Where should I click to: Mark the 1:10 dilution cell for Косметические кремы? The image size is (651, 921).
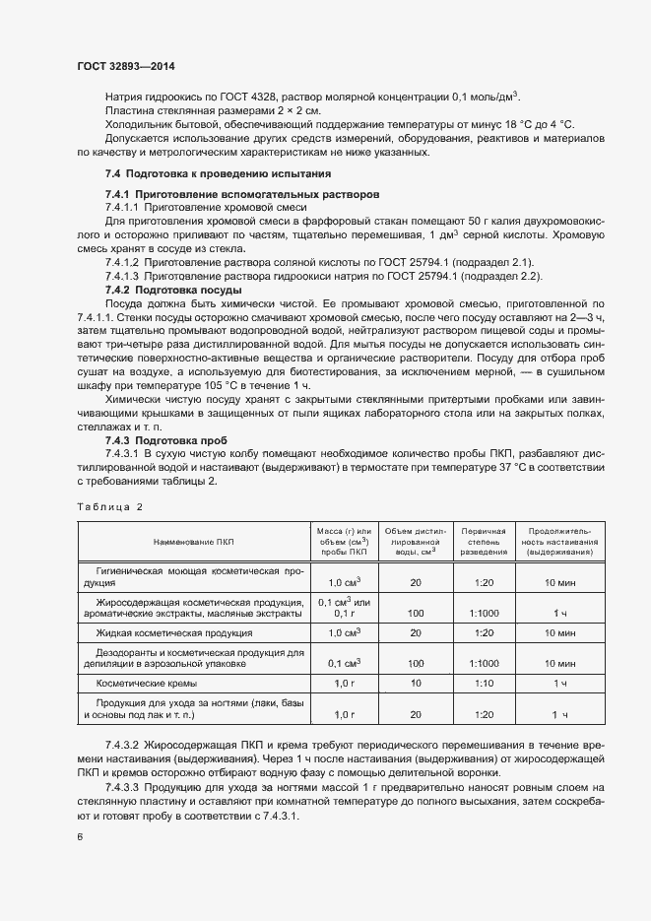coord(484,683)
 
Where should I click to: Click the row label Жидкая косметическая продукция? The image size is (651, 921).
coord(173,632)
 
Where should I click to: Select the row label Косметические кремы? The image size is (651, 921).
coord(146,683)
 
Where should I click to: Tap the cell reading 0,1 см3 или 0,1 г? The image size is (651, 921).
coord(344,607)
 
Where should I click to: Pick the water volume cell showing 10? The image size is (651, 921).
coord(416,683)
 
